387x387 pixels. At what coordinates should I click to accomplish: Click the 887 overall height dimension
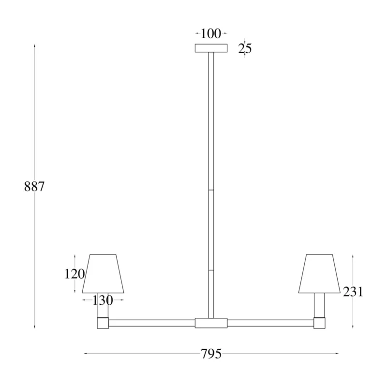click(x=34, y=187)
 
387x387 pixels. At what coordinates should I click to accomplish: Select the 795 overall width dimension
click(x=211, y=354)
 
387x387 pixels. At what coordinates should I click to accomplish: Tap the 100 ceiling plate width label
click(x=211, y=33)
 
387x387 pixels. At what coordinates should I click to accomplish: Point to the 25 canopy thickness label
click(x=245, y=48)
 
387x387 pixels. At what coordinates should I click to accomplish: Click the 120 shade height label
click(x=74, y=274)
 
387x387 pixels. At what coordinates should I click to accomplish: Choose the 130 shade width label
click(x=103, y=300)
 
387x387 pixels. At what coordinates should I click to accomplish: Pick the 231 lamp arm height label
click(x=353, y=292)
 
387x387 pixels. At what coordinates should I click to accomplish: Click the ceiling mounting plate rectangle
click(x=211, y=48)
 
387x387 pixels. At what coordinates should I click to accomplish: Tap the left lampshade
click(x=103, y=274)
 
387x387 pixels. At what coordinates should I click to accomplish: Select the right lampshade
click(x=319, y=274)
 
